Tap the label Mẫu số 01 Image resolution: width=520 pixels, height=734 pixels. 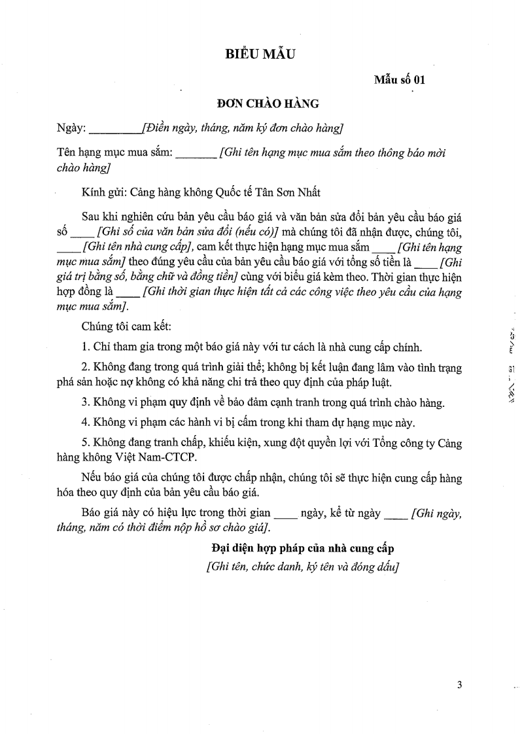pos(400,80)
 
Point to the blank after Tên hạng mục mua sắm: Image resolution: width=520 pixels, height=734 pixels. pos(196,154)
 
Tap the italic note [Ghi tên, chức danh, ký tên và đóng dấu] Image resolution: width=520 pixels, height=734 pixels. pos(301,567)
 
